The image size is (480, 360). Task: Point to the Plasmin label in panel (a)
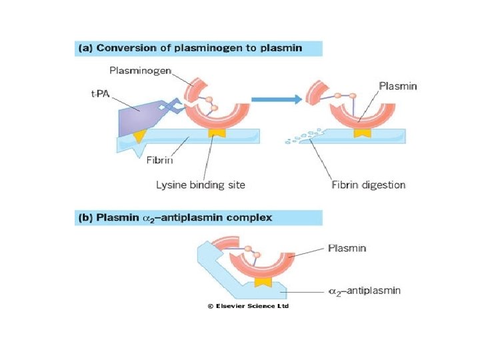point(398,85)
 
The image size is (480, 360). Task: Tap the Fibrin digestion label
point(368,185)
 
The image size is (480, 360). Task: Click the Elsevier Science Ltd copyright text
point(248,306)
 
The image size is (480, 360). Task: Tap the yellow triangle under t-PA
point(139,136)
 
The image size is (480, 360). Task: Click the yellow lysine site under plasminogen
point(216,135)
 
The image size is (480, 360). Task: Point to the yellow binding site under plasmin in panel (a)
point(362,135)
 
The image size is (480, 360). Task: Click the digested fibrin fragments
point(301,137)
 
